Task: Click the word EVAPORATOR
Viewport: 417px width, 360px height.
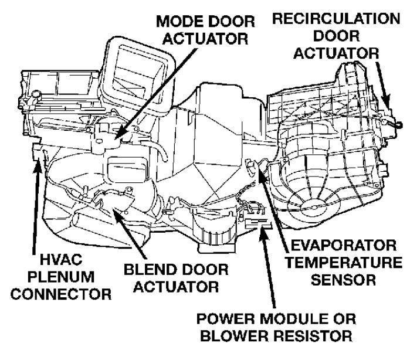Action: click(x=336, y=244)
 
